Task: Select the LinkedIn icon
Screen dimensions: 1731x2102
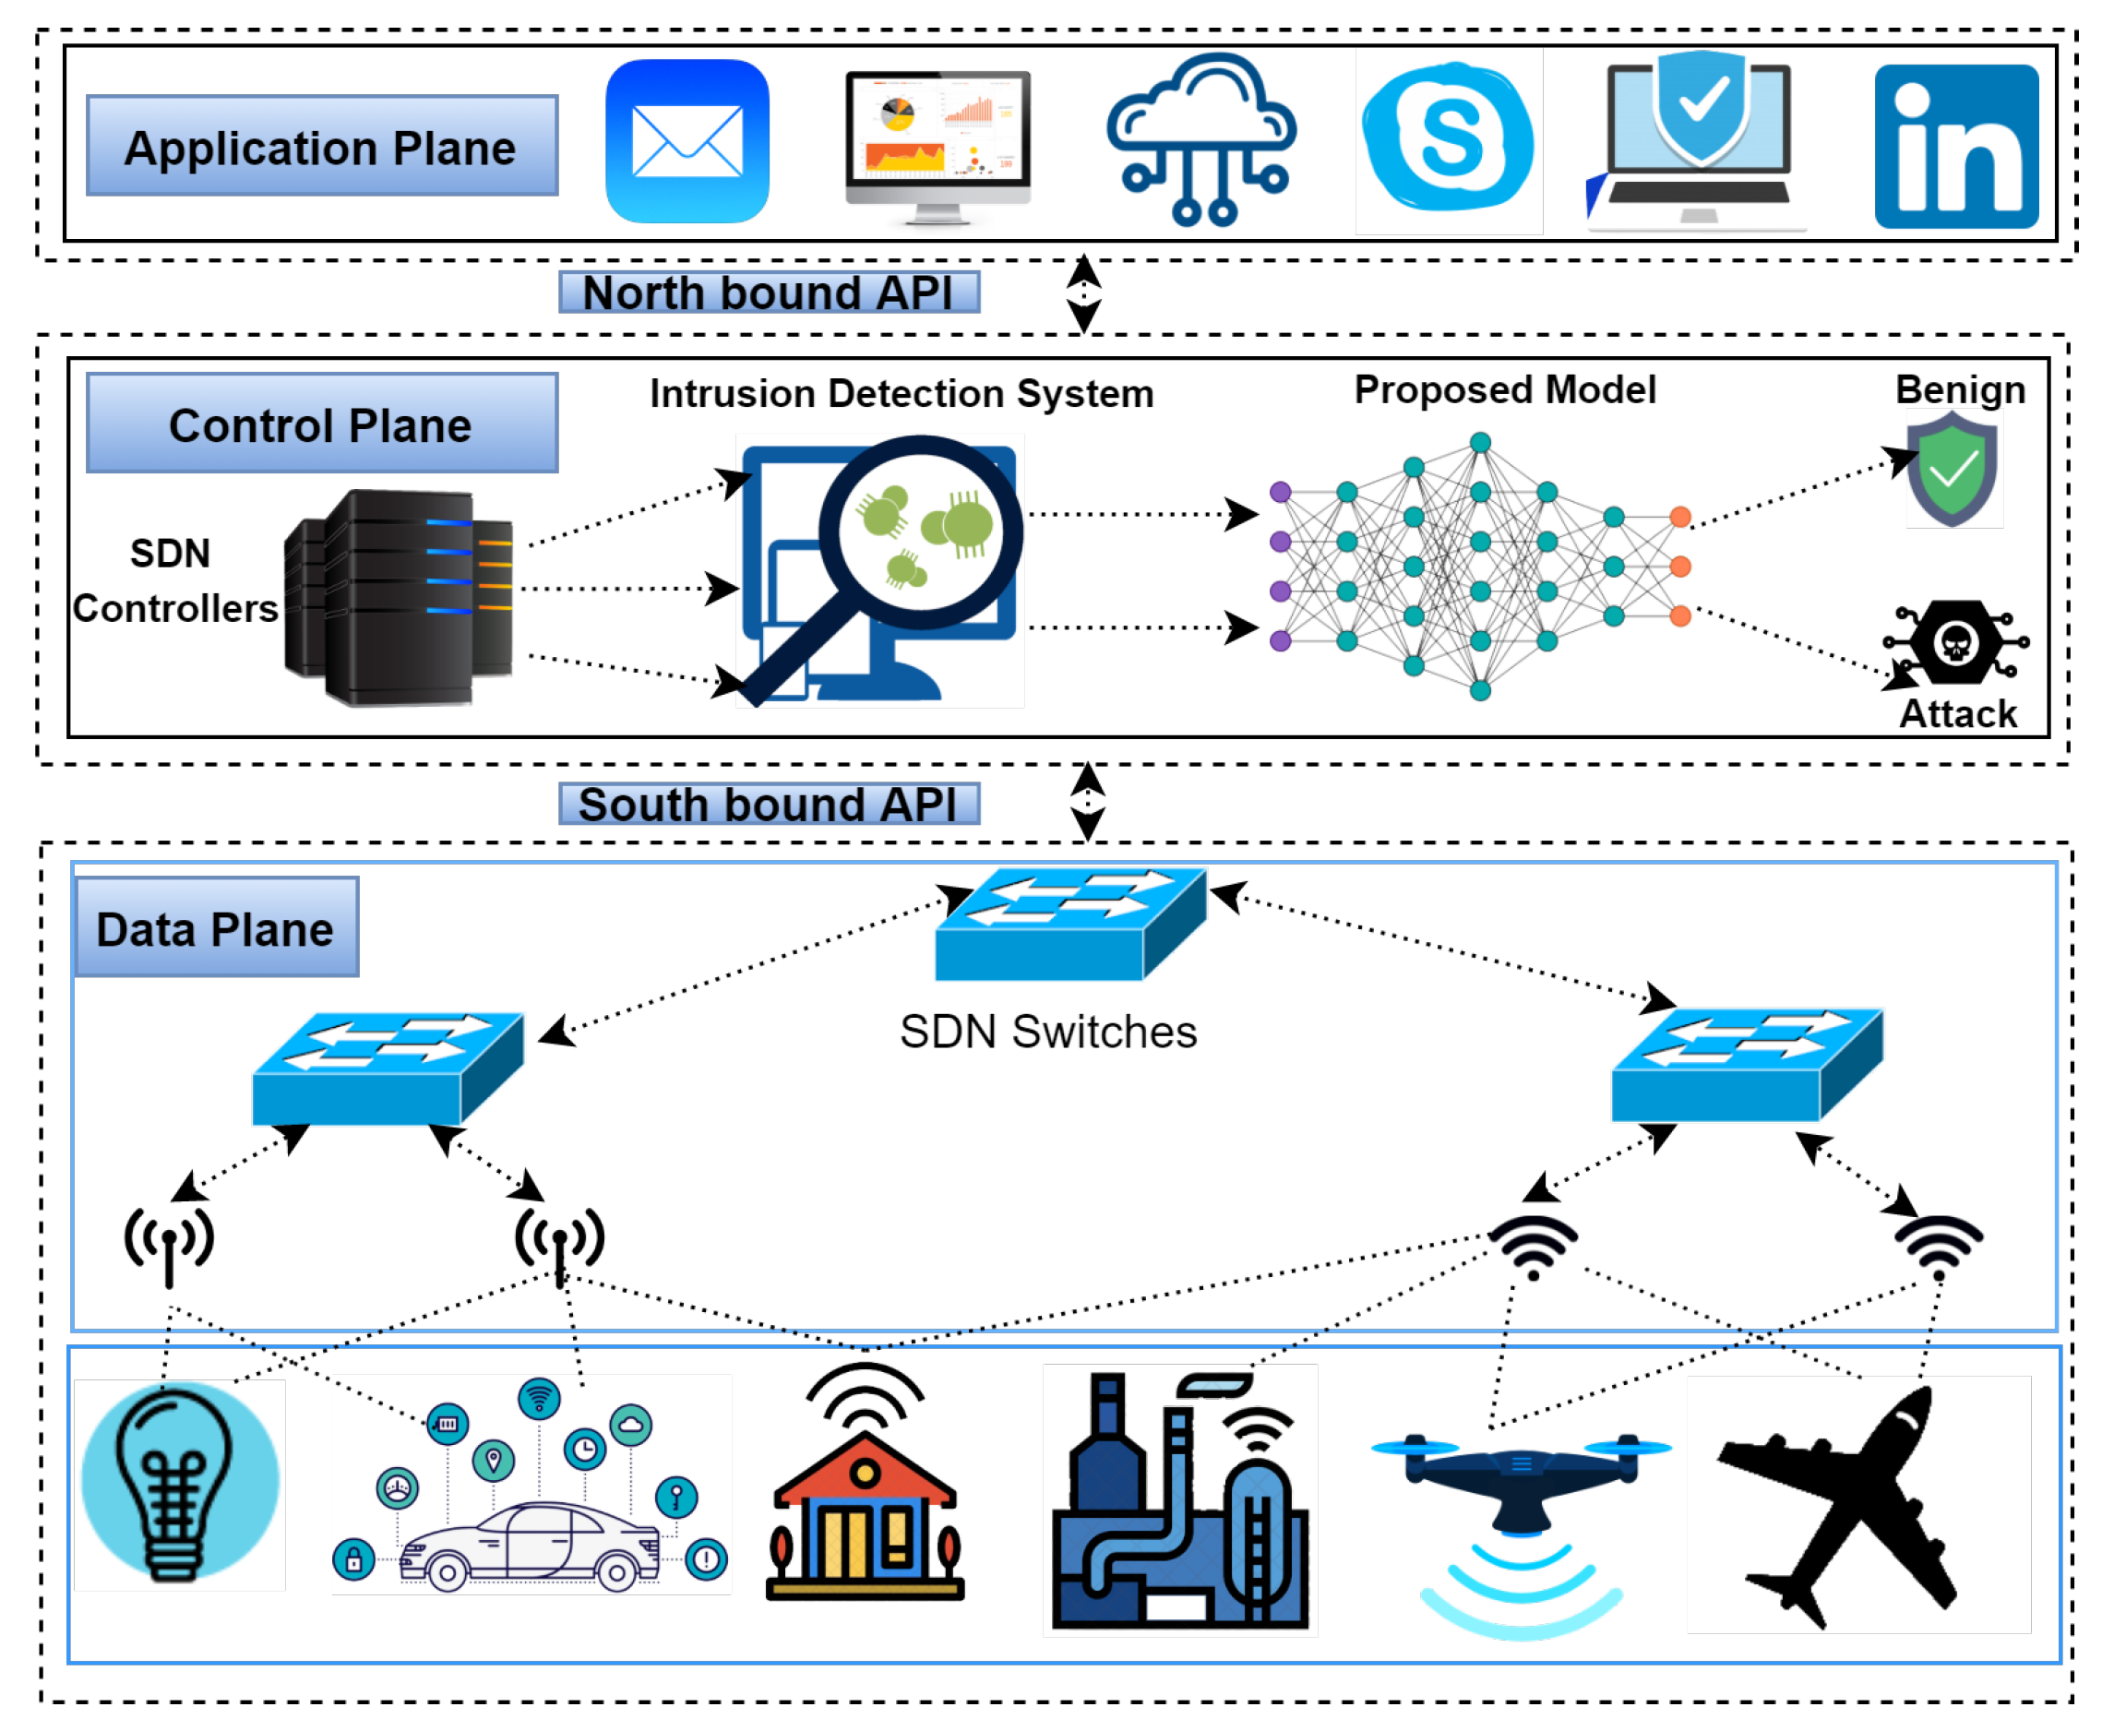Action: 1954,147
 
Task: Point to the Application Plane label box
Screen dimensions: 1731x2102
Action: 321,146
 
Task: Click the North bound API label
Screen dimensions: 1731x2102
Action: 768,292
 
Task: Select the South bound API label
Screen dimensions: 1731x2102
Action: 768,804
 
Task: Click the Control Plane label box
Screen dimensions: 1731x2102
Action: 321,423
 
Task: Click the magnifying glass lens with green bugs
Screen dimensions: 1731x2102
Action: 919,531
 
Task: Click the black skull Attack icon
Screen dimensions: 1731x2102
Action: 1954,642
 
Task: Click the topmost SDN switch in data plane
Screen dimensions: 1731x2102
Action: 1071,923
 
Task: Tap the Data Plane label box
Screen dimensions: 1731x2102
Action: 216,927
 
